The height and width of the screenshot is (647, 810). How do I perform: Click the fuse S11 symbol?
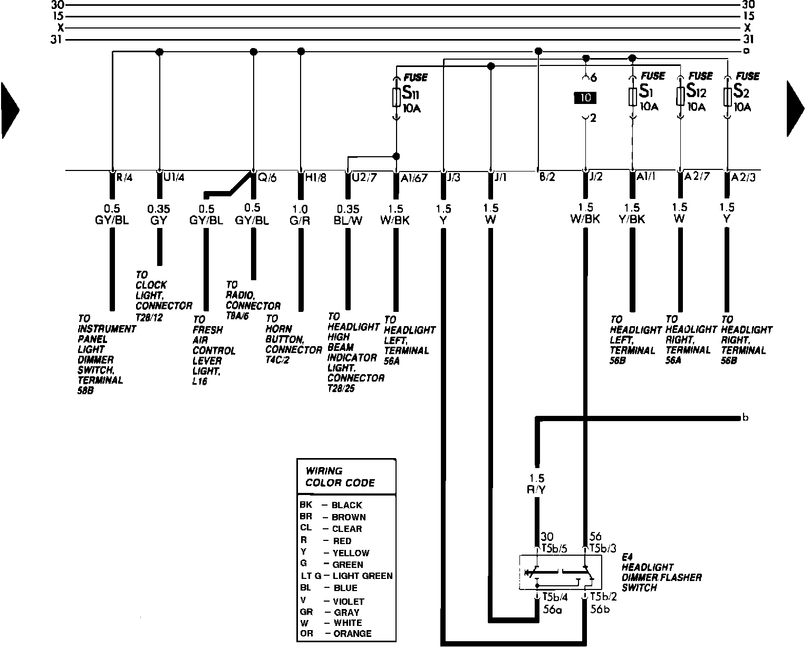point(396,97)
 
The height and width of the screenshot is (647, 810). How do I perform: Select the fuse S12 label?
point(696,92)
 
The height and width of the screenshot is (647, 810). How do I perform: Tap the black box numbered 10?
point(585,98)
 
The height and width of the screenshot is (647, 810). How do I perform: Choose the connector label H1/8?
point(315,178)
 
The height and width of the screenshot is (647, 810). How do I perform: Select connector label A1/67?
point(413,178)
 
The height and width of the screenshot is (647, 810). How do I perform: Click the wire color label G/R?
point(301,221)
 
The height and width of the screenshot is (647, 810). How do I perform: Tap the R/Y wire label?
point(537,490)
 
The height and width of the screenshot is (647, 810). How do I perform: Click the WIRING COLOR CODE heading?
point(340,477)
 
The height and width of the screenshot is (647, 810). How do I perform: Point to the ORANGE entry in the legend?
point(352,633)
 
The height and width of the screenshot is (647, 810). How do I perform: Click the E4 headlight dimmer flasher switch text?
point(661,572)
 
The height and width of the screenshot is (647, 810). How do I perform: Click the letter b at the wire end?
point(745,418)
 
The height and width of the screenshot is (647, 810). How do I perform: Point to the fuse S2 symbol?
point(728,97)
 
